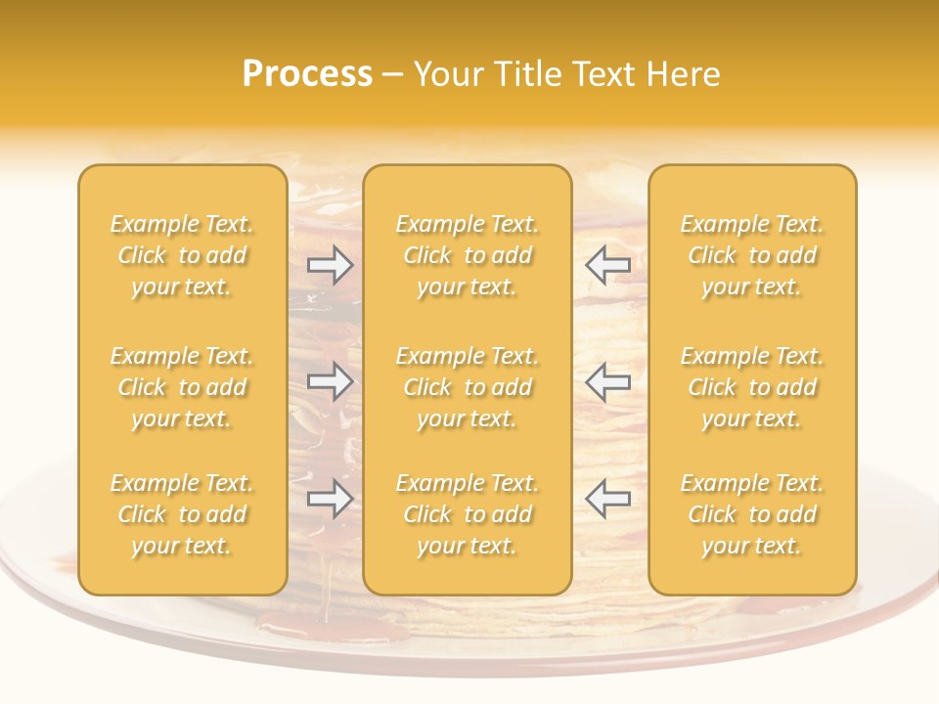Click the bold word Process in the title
click(x=307, y=73)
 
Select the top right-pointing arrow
click(x=330, y=264)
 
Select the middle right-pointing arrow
click(x=330, y=381)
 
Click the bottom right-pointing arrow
click(x=330, y=499)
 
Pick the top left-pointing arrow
click(x=607, y=264)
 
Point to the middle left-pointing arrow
click(x=607, y=381)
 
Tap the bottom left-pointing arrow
click(x=607, y=499)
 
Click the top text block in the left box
click(x=182, y=255)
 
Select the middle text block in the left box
click(x=182, y=387)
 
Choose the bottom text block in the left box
click(x=182, y=514)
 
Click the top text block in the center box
click(x=468, y=255)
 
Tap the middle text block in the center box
click(x=468, y=387)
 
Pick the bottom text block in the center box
click(x=468, y=514)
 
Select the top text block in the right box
click(x=752, y=255)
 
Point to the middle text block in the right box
click(x=752, y=387)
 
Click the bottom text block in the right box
click(x=752, y=514)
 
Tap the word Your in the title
click(x=448, y=73)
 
